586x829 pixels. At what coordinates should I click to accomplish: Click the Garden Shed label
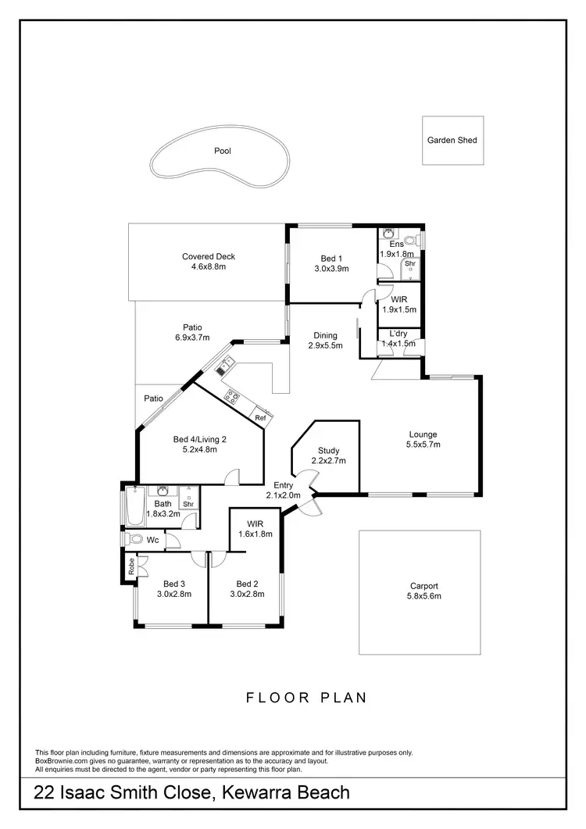(452, 141)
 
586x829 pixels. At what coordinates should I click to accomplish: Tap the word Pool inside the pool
(223, 152)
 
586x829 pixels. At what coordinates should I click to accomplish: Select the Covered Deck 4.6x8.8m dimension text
(208, 267)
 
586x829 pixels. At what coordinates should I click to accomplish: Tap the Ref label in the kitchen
(260, 418)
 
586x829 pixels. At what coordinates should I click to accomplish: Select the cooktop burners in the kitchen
(232, 396)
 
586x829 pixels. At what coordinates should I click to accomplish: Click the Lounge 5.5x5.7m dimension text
(422, 445)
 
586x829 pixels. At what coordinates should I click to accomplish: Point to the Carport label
(423, 585)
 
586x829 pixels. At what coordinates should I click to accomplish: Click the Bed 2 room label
(247, 584)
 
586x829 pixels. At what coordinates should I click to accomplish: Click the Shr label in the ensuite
(409, 264)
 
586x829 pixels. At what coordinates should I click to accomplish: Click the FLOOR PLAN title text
(306, 698)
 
